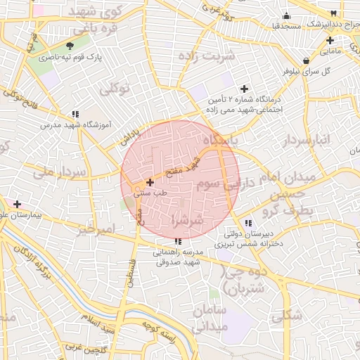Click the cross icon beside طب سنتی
150,181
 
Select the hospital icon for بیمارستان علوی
17,204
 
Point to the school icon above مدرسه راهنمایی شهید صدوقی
176,242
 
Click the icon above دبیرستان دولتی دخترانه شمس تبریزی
247,223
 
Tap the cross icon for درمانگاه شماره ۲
244,89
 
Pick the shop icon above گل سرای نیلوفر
305,61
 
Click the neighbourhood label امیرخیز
96,229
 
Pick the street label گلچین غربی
84,349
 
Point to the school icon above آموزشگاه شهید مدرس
75,114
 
